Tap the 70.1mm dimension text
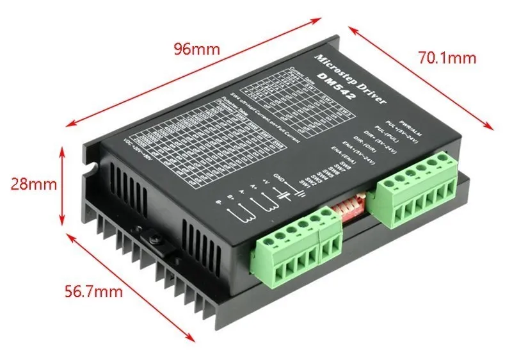pyautogui.click(x=447, y=58)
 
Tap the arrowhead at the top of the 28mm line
pyautogui.click(x=63, y=151)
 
